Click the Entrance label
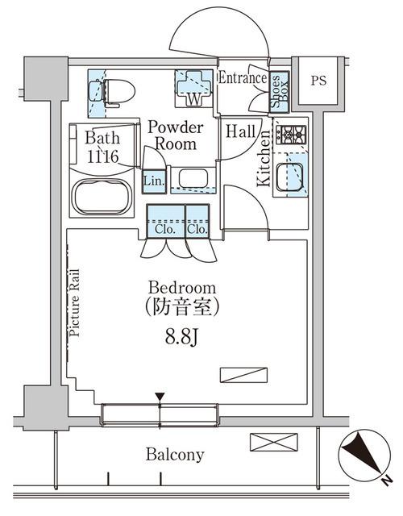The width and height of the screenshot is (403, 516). (x=243, y=78)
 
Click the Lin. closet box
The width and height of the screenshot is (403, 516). (x=154, y=181)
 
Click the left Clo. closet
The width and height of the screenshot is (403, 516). (x=164, y=221)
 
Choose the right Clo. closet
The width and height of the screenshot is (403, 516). (x=197, y=221)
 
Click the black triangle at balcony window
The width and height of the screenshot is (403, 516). (x=160, y=397)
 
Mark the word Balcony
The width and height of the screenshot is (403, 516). (x=175, y=455)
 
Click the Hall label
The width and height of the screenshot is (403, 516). (x=242, y=131)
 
